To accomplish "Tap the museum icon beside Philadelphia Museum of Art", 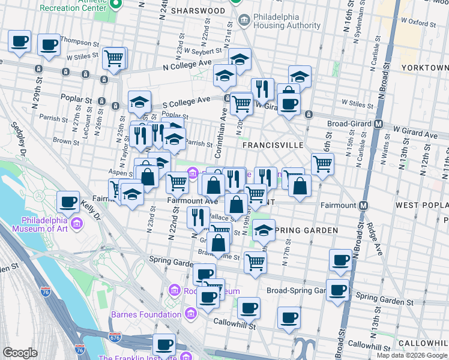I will pos(77,224).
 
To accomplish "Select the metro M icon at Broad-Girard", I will pos(379,124).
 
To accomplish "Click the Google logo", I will pos(20,352).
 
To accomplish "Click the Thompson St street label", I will pos(79,43).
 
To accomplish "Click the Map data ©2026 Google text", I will pos(412,355).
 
